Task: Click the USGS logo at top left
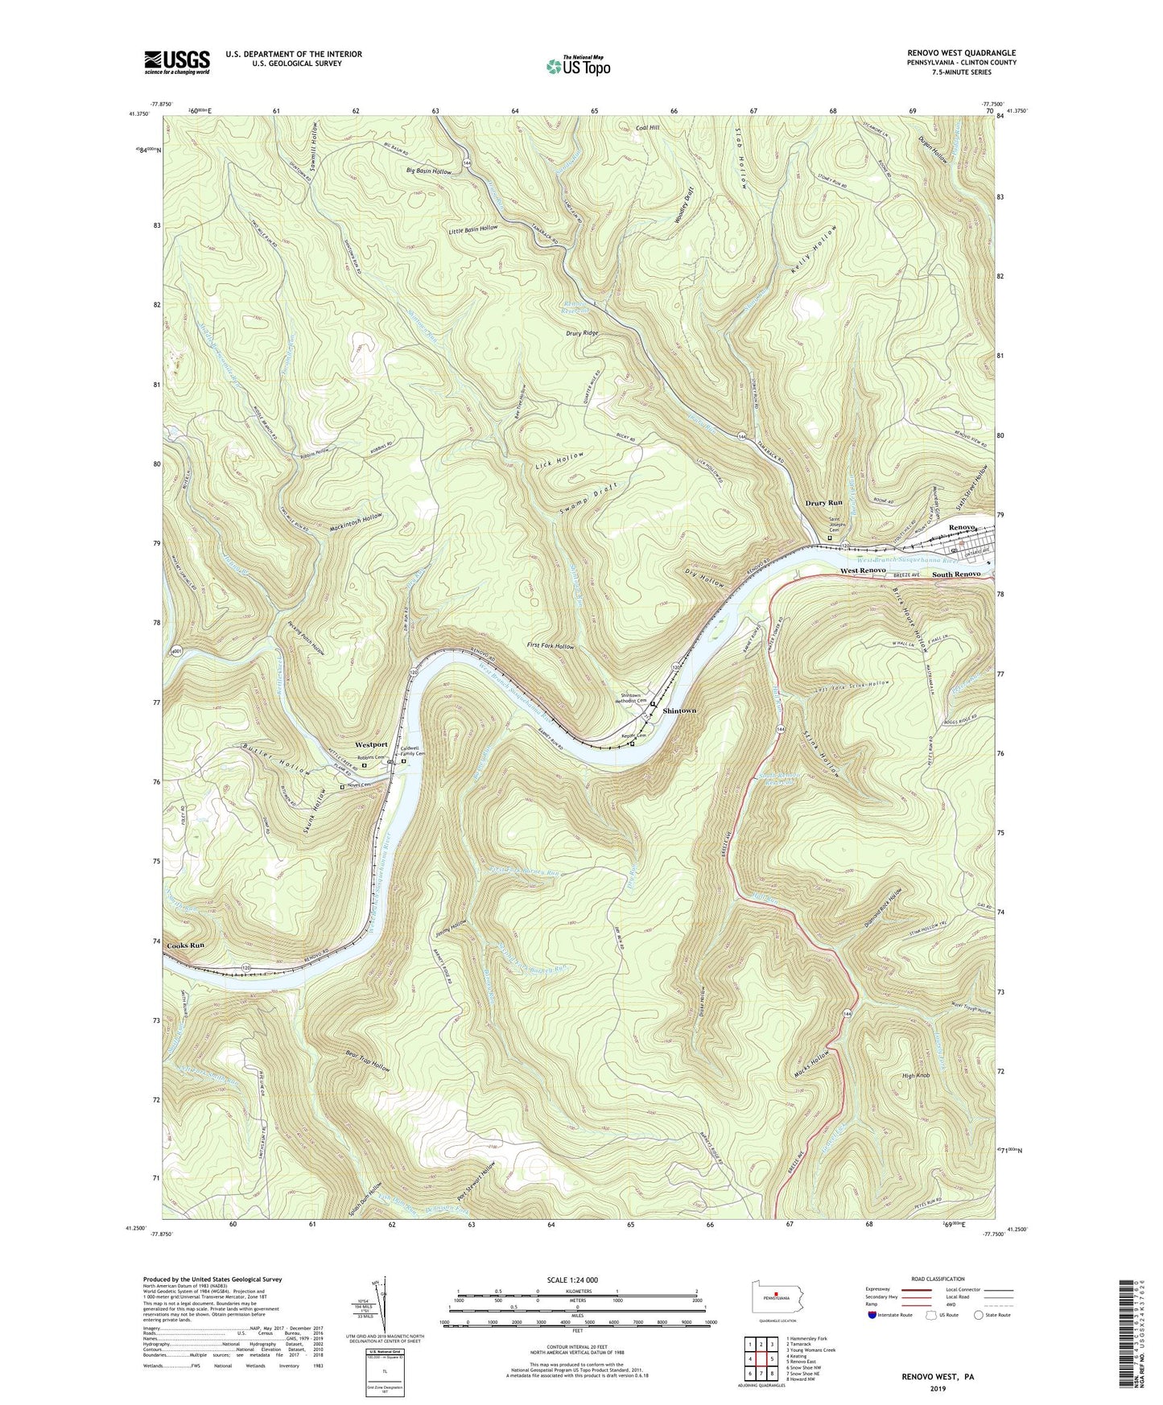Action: click(x=177, y=62)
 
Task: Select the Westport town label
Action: click(x=372, y=744)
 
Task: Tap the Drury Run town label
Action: click(x=824, y=503)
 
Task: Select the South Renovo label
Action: click(x=956, y=574)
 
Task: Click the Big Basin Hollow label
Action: click(x=429, y=171)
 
